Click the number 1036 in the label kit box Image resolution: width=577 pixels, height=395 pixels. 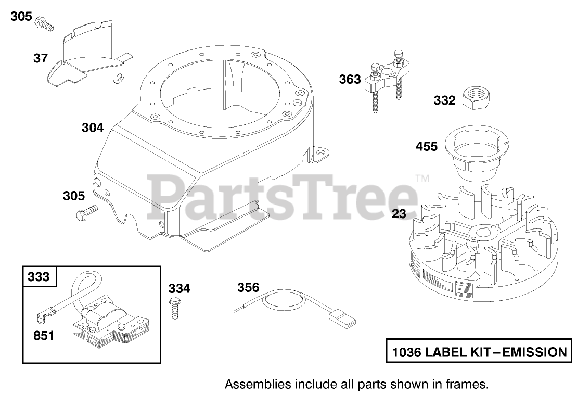tap(405, 352)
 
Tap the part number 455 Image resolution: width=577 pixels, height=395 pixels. tap(427, 147)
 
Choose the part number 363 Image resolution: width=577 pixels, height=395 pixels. tap(350, 79)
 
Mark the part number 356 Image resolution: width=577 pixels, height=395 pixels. tap(248, 287)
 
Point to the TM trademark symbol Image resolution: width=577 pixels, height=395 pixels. tap(422, 178)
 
